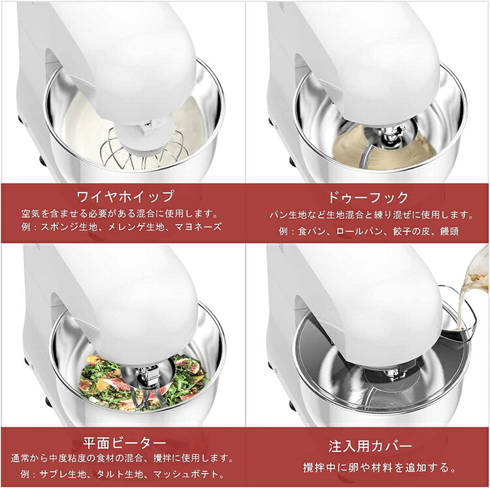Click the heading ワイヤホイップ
coord(125,196)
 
